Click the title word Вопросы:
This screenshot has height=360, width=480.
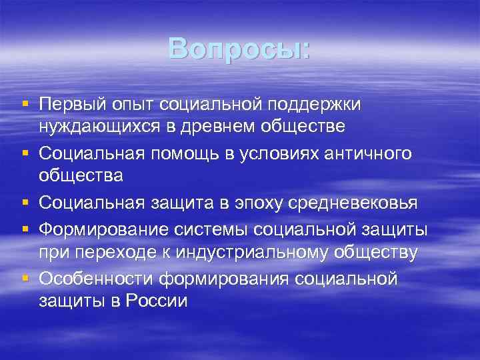click(x=239, y=47)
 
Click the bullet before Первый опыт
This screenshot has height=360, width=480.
click(x=25, y=105)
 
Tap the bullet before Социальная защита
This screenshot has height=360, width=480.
click(x=25, y=203)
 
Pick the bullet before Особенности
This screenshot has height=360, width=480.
click(x=25, y=278)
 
